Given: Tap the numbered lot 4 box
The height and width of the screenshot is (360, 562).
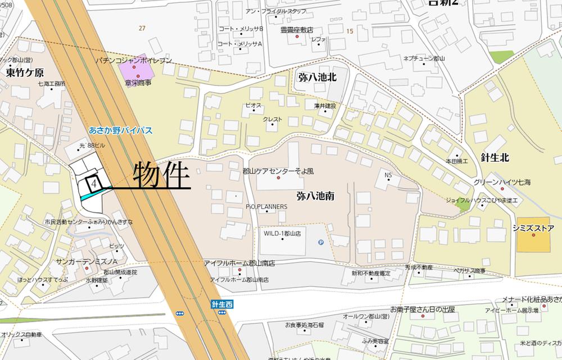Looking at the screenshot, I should click(x=94, y=183).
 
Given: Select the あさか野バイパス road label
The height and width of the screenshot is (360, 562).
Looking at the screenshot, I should click(x=121, y=130).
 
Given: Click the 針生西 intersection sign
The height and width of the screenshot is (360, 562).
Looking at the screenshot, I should click(x=222, y=304).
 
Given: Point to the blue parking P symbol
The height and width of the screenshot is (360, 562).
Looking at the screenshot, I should click(x=321, y=243).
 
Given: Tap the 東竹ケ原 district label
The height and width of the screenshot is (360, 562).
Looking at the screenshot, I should click(x=25, y=72).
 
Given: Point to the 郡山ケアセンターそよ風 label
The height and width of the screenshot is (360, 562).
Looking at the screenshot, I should click(x=278, y=170).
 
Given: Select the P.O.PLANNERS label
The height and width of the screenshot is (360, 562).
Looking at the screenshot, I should click(x=266, y=207).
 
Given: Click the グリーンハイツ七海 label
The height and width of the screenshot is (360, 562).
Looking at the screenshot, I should click(x=501, y=182).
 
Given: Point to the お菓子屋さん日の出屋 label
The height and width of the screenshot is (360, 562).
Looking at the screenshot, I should click(x=423, y=309).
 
